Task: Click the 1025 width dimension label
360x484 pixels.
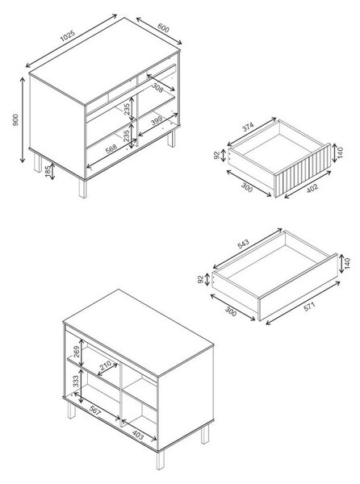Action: click(x=68, y=35)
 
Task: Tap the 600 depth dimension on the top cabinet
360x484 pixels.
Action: click(x=163, y=28)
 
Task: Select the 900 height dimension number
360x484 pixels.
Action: click(x=15, y=119)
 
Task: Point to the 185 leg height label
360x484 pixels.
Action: click(x=48, y=172)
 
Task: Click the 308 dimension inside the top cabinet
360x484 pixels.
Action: click(x=157, y=88)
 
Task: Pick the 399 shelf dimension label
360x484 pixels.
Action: click(x=157, y=122)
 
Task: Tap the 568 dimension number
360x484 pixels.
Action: click(x=111, y=148)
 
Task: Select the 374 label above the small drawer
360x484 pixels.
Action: click(x=248, y=127)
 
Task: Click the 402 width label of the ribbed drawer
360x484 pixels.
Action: click(x=312, y=188)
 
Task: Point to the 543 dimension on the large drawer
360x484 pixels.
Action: click(x=243, y=244)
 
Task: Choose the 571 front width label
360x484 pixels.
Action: click(x=309, y=307)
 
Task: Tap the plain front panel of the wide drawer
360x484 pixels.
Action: click(x=298, y=286)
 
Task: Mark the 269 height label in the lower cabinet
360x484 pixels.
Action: click(x=76, y=351)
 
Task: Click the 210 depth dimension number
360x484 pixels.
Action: click(x=105, y=366)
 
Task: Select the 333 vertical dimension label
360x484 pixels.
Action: click(x=76, y=382)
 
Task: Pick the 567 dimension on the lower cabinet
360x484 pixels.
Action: click(x=95, y=411)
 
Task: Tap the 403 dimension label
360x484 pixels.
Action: click(x=138, y=435)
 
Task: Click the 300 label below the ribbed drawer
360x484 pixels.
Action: click(x=246, y=188)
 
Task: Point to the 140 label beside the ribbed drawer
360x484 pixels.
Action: click(x=341, y=152)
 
